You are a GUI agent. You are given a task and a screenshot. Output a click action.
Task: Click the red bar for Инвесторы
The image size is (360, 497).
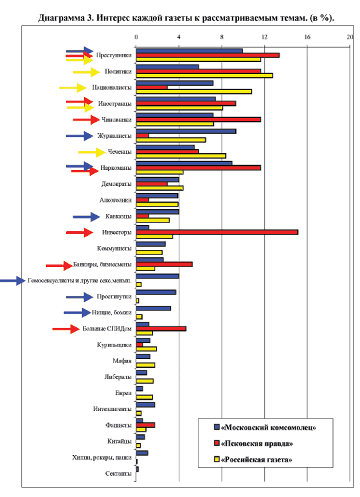[217, 232]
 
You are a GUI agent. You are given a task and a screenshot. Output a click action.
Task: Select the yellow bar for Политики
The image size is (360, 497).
[204, 75]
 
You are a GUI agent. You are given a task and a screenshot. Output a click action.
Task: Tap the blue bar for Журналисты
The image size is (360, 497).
[186, 131]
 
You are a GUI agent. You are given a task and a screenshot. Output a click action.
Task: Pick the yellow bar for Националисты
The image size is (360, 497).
[194, 91]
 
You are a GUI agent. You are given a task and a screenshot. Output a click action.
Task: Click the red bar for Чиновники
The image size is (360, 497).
[199, 119]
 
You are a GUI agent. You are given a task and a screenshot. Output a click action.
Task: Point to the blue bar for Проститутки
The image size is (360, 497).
[156, 292]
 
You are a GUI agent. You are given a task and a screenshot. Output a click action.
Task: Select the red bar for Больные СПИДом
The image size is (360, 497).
[161, 328]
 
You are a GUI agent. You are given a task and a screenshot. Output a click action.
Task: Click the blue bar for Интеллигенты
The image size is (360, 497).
[145, 405]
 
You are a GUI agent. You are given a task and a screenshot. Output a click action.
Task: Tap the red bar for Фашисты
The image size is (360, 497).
[145, 425]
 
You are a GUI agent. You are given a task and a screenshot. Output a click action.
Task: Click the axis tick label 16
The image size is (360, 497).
[307, 37]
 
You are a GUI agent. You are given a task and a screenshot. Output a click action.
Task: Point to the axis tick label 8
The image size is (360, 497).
[222, 37]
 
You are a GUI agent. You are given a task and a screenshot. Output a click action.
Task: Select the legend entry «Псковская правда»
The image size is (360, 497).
[253, 444]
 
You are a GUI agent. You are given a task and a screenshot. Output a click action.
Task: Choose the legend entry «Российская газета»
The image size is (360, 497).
[253, 459]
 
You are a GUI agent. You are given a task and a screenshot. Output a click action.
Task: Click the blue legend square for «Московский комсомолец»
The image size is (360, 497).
[217, 427]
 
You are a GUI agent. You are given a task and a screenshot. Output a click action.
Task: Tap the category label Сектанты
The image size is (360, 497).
[118, 474]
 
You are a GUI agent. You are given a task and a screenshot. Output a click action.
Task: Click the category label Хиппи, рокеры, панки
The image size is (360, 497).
[102, 458]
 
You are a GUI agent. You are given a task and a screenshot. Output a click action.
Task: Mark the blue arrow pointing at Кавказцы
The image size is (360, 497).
[87, 217]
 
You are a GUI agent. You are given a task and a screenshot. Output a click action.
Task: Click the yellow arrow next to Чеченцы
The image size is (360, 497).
[92, 153]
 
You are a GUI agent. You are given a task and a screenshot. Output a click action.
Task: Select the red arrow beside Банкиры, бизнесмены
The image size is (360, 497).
[59, 266]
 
